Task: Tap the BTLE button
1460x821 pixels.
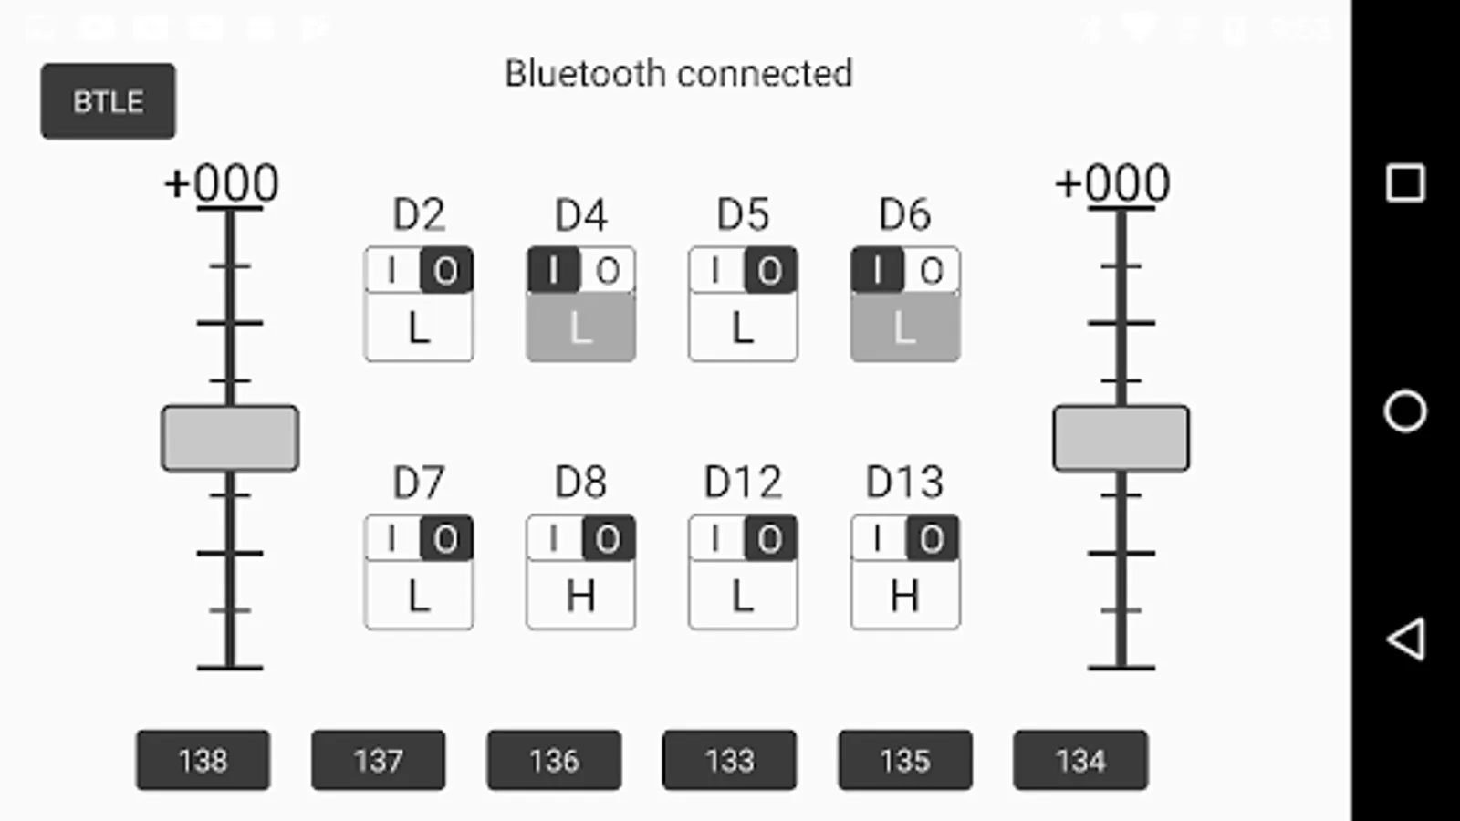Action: pos(108,101)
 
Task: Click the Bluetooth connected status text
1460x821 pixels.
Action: pos(678,74)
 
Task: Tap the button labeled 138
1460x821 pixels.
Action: pos(203,760)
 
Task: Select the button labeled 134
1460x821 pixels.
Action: pos(1080,760)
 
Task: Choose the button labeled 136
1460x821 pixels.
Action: pos(554,760)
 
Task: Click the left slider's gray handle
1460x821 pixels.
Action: pos(230,439)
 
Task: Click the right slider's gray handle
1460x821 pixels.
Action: pos(1121,439)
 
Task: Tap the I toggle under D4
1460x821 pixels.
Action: pos(553,271)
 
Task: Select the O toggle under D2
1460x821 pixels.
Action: pos(445,271)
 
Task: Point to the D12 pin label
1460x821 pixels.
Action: pos(743,483)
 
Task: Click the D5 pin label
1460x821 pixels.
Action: pos(743,215)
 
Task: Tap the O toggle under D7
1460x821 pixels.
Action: pos(445,539)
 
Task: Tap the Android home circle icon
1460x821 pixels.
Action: pos(1405,410)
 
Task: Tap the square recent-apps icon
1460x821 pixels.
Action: pos(1405,183)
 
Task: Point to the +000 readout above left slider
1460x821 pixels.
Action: pos(222,183)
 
